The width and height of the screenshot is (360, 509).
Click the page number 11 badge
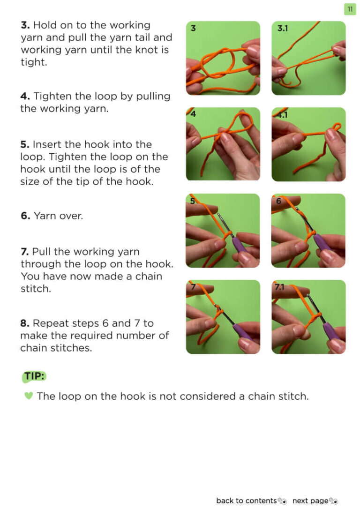pos(350,9)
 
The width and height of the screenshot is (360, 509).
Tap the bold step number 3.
pos(25,25)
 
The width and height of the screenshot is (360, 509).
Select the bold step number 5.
pos(25,144)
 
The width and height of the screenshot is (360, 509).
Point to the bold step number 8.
pos(25,323)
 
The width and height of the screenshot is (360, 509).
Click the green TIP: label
pos(34,376)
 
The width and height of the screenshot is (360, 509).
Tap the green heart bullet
pos(29,396)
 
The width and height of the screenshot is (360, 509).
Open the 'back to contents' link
pos(247,501)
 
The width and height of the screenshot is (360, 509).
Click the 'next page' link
pos(310,501)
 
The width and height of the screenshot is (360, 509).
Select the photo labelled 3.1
pos(308,58)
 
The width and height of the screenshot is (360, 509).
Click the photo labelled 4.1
pos(308,144)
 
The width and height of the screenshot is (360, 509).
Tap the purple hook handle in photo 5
pos(240,246)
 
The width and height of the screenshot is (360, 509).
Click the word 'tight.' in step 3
pos(34,62)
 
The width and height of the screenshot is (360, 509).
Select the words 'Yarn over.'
pos(59,216)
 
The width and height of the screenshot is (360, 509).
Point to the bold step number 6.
pos(25,216)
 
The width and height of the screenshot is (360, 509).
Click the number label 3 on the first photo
pos(193,28)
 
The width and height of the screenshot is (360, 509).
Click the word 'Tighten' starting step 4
pos(52,97)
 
